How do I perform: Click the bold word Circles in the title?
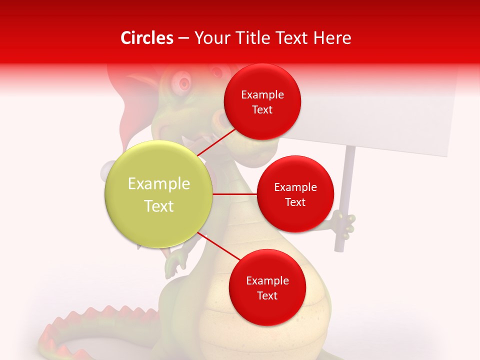coord(146,38)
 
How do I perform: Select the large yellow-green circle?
coord(159,194)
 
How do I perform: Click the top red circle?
coord(262,101)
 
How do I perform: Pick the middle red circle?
coord(295,194)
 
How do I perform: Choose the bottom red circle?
coord(267,287)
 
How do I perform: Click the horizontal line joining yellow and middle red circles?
coord(235,194)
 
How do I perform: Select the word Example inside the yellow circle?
coord(159,184)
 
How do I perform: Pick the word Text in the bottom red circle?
coord(267,295)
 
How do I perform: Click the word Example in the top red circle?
coord(262,94)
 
